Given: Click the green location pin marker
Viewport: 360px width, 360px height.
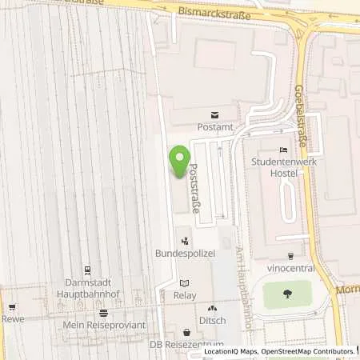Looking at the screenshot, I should (180, 158).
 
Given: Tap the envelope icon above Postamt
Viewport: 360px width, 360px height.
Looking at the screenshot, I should (214, 115).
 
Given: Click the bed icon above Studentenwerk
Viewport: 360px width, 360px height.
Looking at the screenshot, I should (282, 150).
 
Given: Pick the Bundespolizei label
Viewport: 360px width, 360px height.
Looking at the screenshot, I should (185, 254).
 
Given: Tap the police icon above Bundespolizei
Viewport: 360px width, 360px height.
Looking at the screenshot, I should (185, 239).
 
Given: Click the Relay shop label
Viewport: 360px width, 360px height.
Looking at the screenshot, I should (186, 295).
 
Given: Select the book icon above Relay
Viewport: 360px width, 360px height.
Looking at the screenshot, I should (186, 282).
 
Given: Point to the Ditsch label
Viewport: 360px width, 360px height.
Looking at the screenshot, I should (212, 321).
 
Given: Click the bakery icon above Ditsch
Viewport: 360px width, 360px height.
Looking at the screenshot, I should (212, 308).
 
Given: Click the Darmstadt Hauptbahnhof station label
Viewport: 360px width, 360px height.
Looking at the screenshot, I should (88, 288).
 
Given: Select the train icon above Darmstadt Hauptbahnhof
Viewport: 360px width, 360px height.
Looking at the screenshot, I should (88, 270).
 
